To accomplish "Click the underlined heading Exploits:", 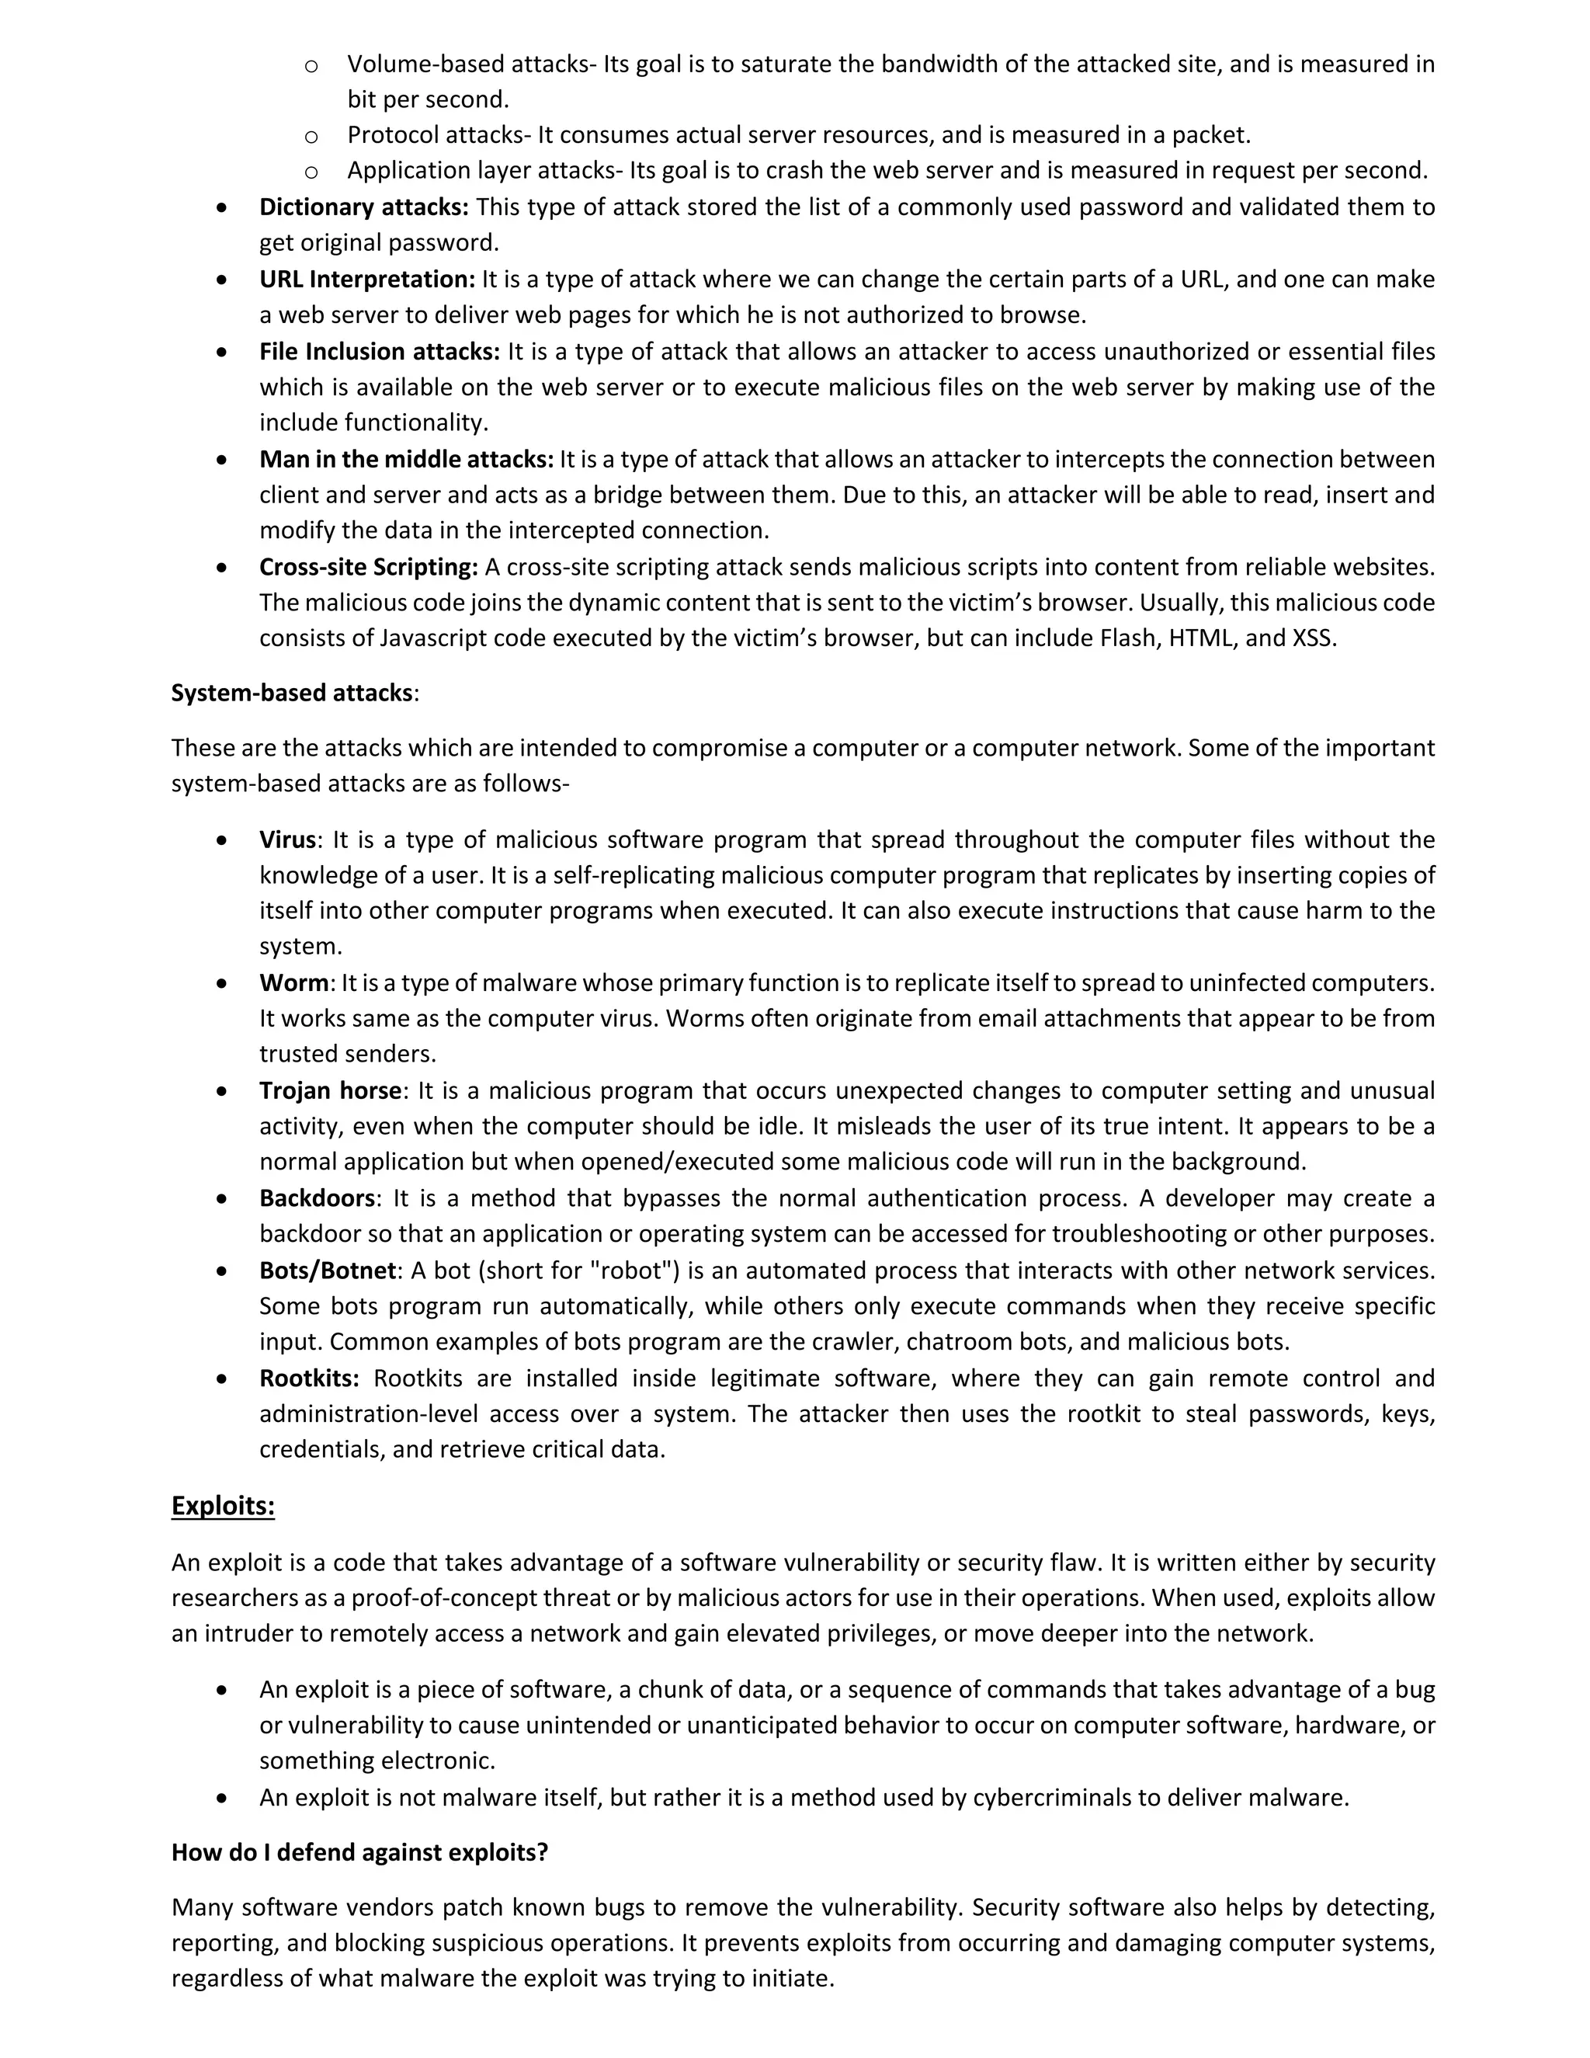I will [222, 1506].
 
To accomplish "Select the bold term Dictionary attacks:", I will [363, 207].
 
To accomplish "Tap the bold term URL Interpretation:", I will [367, 279].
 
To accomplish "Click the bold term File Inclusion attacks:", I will [380, 352].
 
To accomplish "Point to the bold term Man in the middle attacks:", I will [406, 459].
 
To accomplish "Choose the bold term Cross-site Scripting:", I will [368, 567].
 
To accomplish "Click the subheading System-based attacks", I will [292, 693].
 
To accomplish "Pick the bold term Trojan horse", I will [331, 1090].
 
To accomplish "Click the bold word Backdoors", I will [318, 1198].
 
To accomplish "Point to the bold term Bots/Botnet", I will [328, 1271].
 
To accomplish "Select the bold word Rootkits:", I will [309, 1378].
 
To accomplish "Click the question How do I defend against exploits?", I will [359, 1852].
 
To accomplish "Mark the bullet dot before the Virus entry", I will [221, 840].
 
